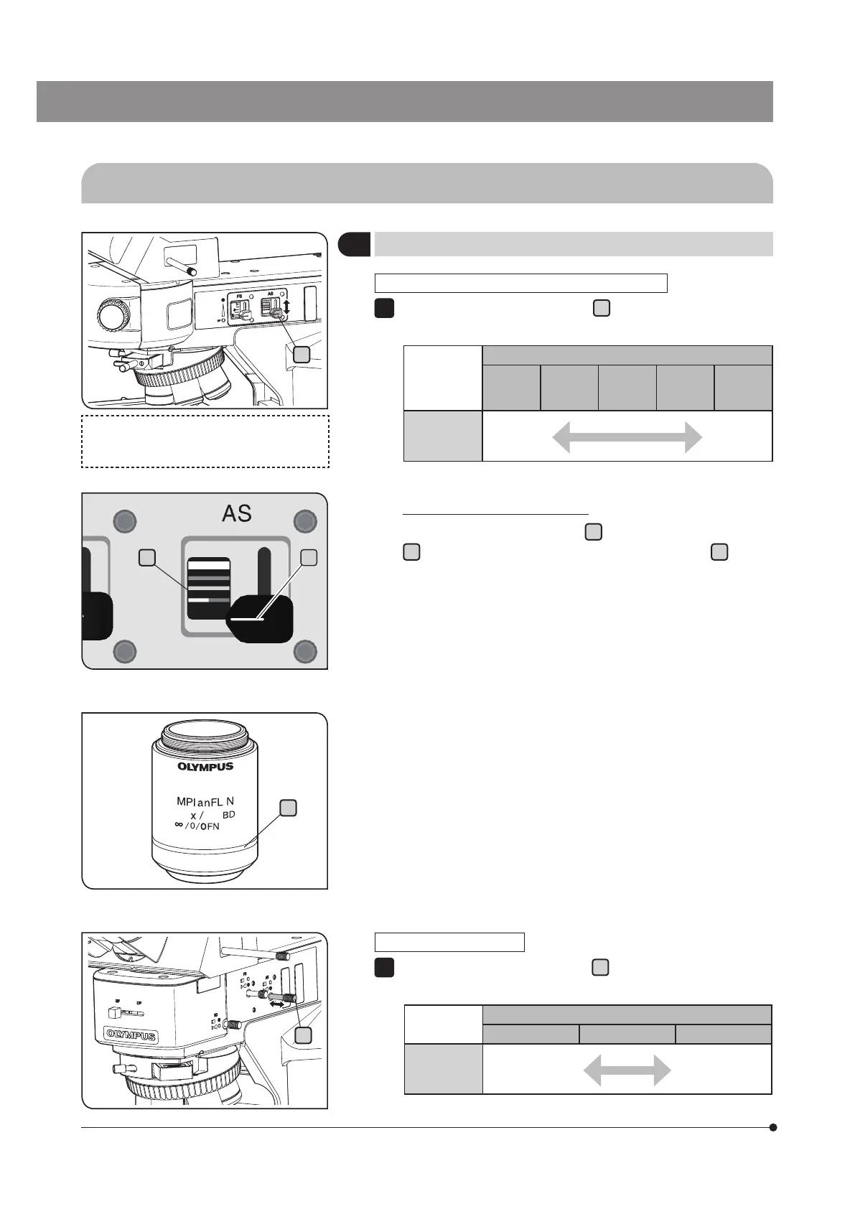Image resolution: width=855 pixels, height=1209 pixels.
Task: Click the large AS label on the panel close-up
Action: click(237, 513)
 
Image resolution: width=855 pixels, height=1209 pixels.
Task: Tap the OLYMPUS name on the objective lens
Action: click(205, 766)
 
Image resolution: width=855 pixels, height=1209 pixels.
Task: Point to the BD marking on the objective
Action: click(228, 815)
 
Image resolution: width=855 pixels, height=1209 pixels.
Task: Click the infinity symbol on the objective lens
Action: click(179, 825)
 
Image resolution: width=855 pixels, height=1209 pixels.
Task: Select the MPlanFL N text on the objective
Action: click(205, 801)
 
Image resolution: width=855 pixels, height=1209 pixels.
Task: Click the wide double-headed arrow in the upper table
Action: click(627, 437)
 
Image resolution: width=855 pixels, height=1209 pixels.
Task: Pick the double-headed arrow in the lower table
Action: click(627, 1071)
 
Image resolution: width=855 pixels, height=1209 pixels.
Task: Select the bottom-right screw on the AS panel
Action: click(306, 651)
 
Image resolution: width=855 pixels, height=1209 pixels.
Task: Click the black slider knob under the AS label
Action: click(260, 619)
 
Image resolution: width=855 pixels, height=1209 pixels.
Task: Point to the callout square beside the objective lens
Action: click(287, 808)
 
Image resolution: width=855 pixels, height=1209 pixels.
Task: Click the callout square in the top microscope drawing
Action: click(302, 354)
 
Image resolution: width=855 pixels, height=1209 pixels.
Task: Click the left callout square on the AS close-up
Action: click(147, 556)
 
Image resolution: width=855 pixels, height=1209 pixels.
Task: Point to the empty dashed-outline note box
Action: click(205, 441)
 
